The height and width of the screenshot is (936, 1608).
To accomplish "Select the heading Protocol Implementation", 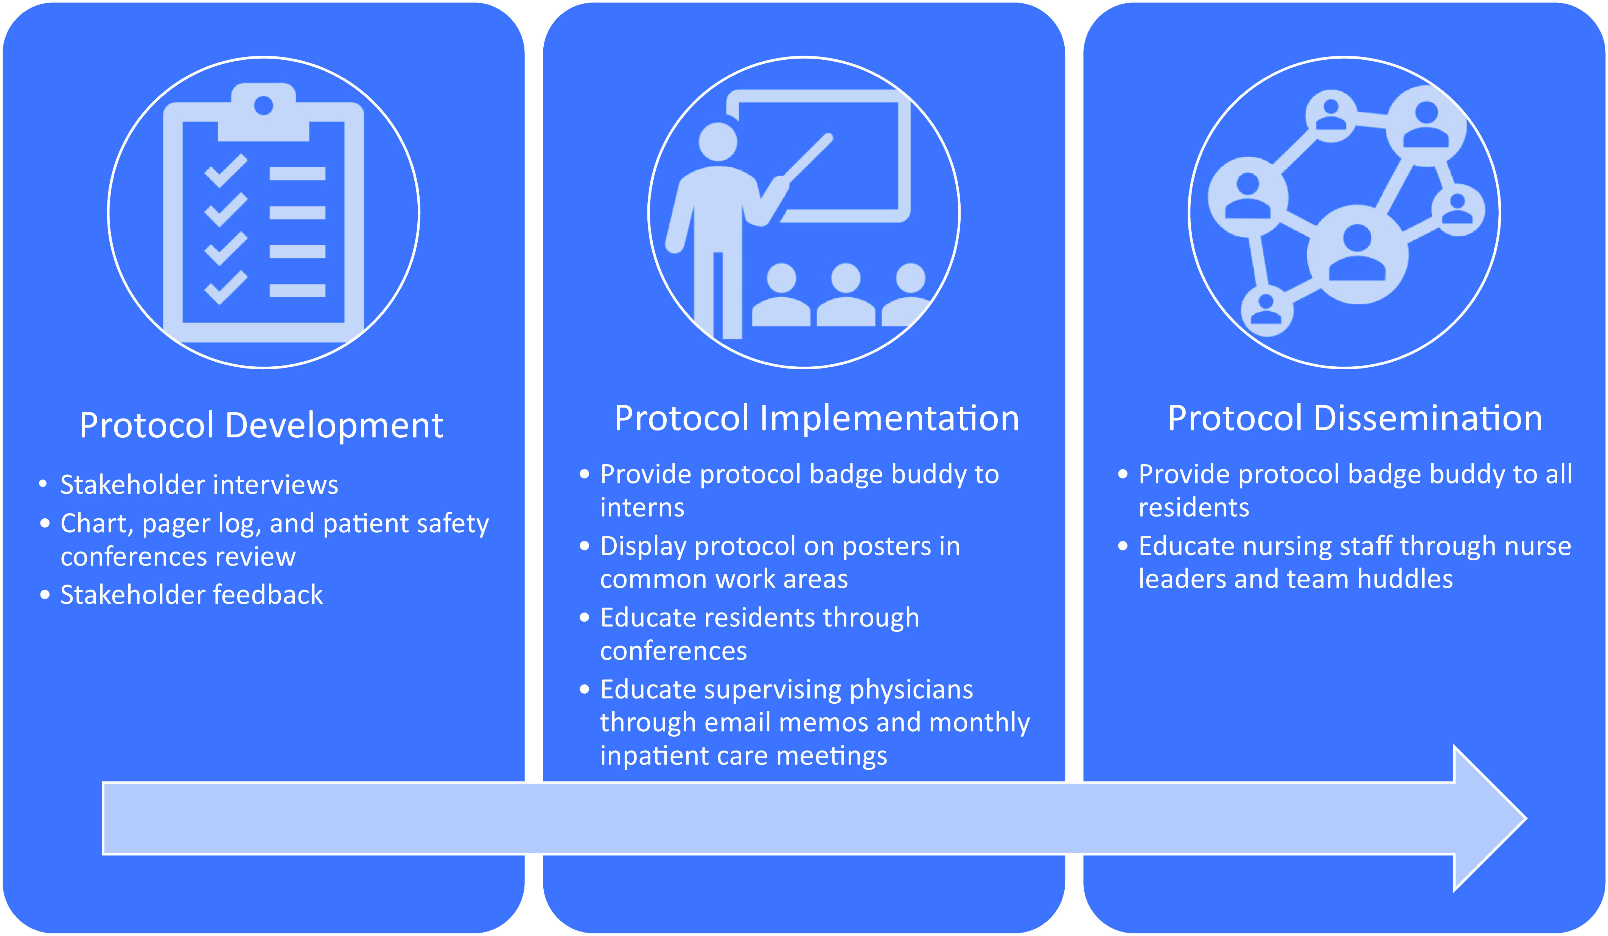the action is tap(817, 418).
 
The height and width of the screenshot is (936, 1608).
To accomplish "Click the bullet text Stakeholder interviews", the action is tap(199, 485).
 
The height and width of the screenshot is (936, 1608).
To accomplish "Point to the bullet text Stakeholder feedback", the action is tap(191, 595).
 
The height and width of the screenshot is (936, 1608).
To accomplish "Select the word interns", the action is tap(642, 508).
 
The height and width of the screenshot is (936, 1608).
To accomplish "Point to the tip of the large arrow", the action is tap(1526, 818).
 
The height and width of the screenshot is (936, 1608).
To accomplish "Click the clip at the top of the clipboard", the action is tap(264, 112).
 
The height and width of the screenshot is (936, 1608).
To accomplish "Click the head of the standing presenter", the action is tap(718, 141).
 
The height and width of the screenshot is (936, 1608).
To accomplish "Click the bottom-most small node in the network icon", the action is tap(1267, 311).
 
